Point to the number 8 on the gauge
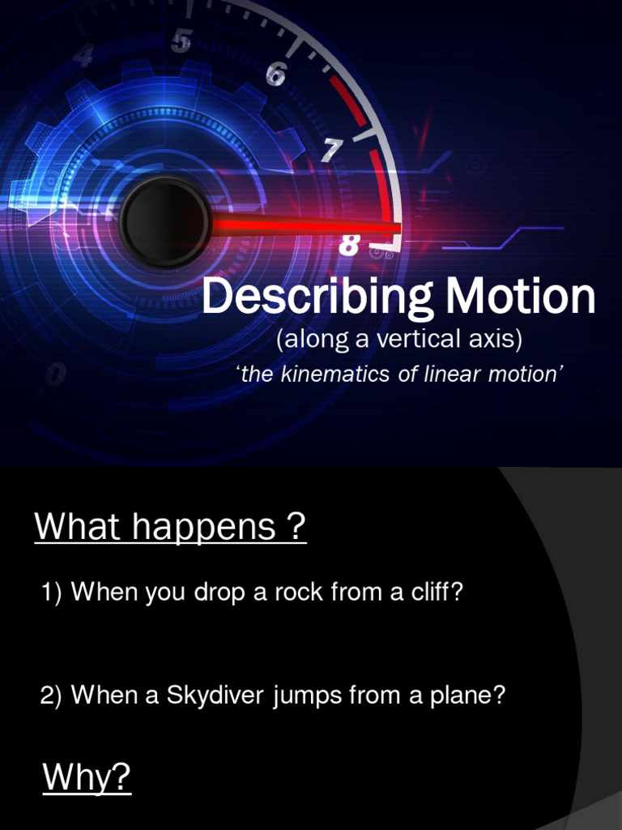(x=349, y=244)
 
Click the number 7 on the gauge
(x=332, y=150)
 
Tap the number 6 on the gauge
(x=275, y=75)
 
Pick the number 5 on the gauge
(x=181, y=41)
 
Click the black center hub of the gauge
(x=165, y=220)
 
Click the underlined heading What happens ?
(x=170, y=528)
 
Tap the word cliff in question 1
(x=436, y=593)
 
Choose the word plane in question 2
(x=472, y=695)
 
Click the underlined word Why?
(x=87, y=778)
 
